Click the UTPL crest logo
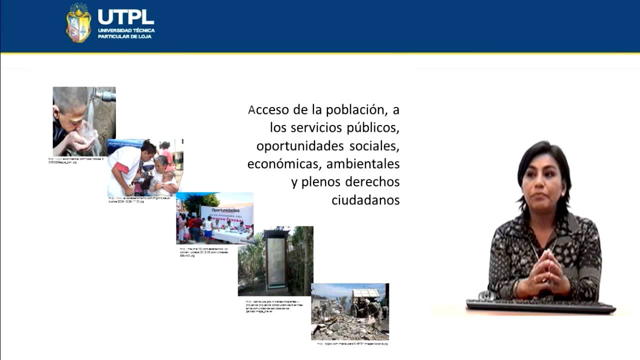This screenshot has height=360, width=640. point(78,23)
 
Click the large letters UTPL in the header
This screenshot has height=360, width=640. point(125,16)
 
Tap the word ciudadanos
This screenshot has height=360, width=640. point(365,200)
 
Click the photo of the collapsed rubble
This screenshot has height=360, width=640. point(349,311)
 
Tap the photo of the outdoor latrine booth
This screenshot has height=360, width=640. point(275,261)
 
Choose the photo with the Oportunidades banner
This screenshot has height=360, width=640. point(214,218)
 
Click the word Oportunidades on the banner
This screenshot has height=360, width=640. point(222,210)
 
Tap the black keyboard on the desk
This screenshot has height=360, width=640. point(540,306)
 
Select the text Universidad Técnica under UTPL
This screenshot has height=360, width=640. point(126,30)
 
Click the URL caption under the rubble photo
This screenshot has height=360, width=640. point(352,343)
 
